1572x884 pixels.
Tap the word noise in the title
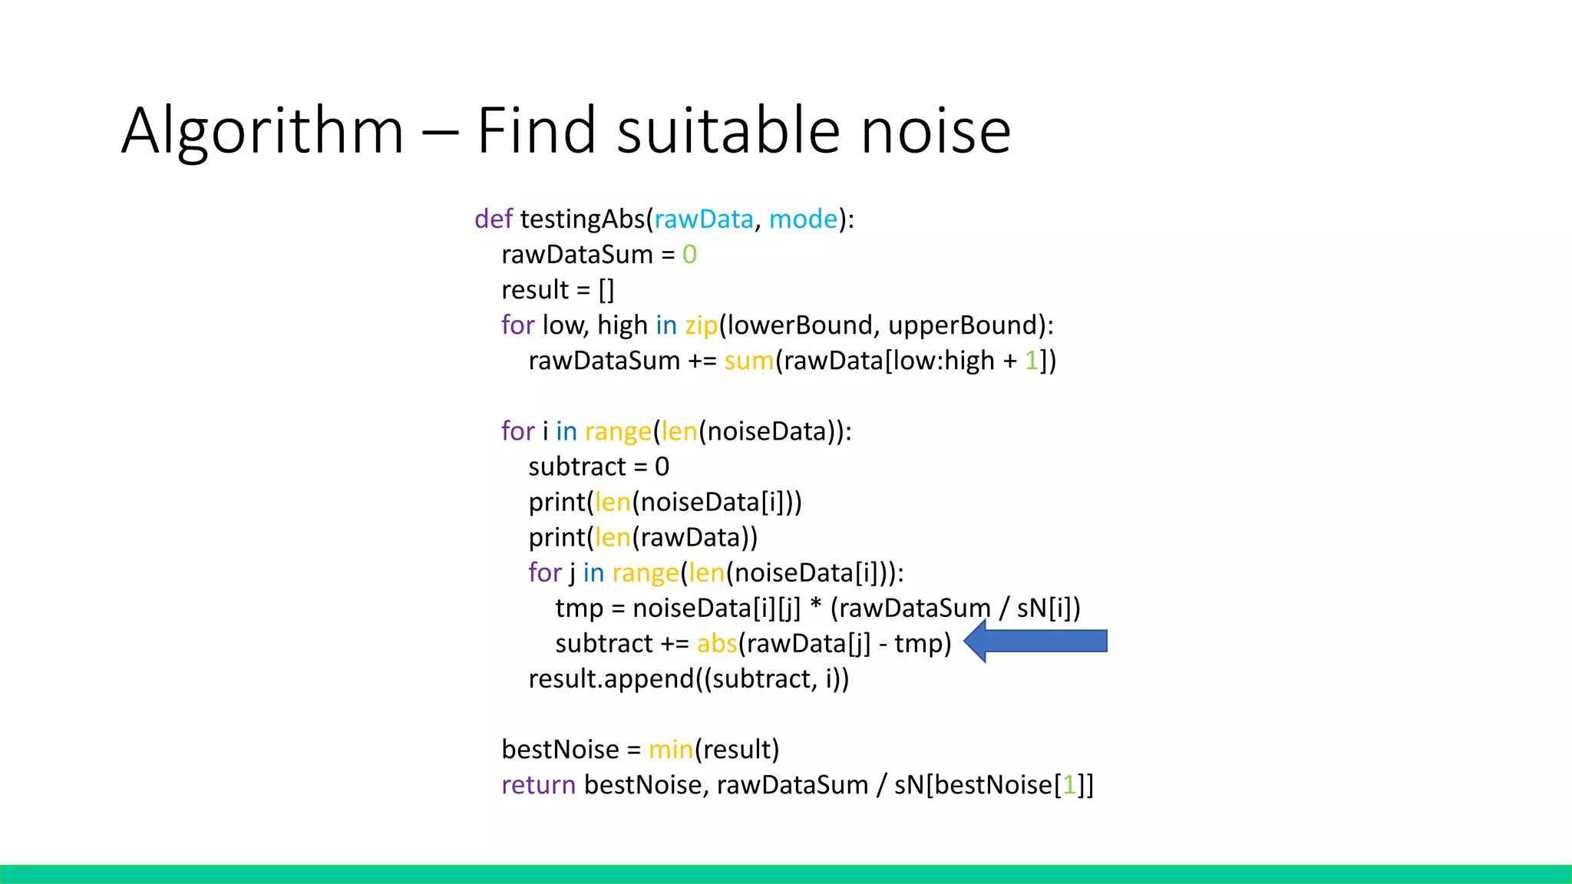coord(936,130)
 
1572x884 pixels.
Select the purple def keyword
coord(493,219)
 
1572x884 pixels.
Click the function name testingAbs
coord(583,219)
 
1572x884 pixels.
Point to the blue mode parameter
coord(803,219)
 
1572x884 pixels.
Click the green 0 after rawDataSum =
coord(689,255)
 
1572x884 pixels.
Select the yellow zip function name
coord(701,325)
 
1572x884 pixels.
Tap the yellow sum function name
coord(748,361)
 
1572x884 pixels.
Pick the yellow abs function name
coord(716,643)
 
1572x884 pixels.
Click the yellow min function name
coord(670,749)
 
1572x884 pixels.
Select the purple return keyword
coord(538,784)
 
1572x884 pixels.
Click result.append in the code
coord(610,678)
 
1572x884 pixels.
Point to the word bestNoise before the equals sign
coord(560,749)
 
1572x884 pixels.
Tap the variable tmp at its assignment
coord(579,608)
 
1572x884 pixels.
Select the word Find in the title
coord(536,130)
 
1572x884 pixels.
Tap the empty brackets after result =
coord(606,290)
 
